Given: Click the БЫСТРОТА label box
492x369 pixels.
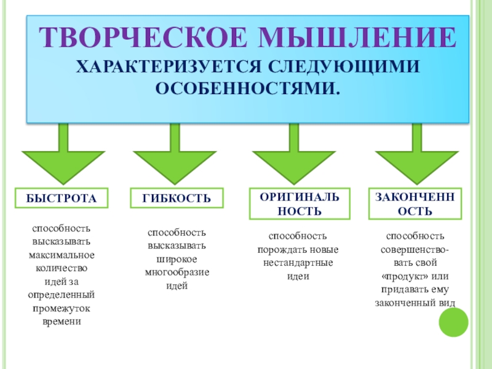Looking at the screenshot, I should coord(61,198).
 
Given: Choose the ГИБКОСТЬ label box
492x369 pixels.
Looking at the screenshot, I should coord(177,198).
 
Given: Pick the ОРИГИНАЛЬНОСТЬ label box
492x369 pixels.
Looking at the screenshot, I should coord(299,204).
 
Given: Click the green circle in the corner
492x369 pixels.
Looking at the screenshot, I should coord(453,322).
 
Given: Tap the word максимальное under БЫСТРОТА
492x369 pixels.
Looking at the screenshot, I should coord(61,255).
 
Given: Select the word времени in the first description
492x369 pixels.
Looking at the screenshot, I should coord(61,322).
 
